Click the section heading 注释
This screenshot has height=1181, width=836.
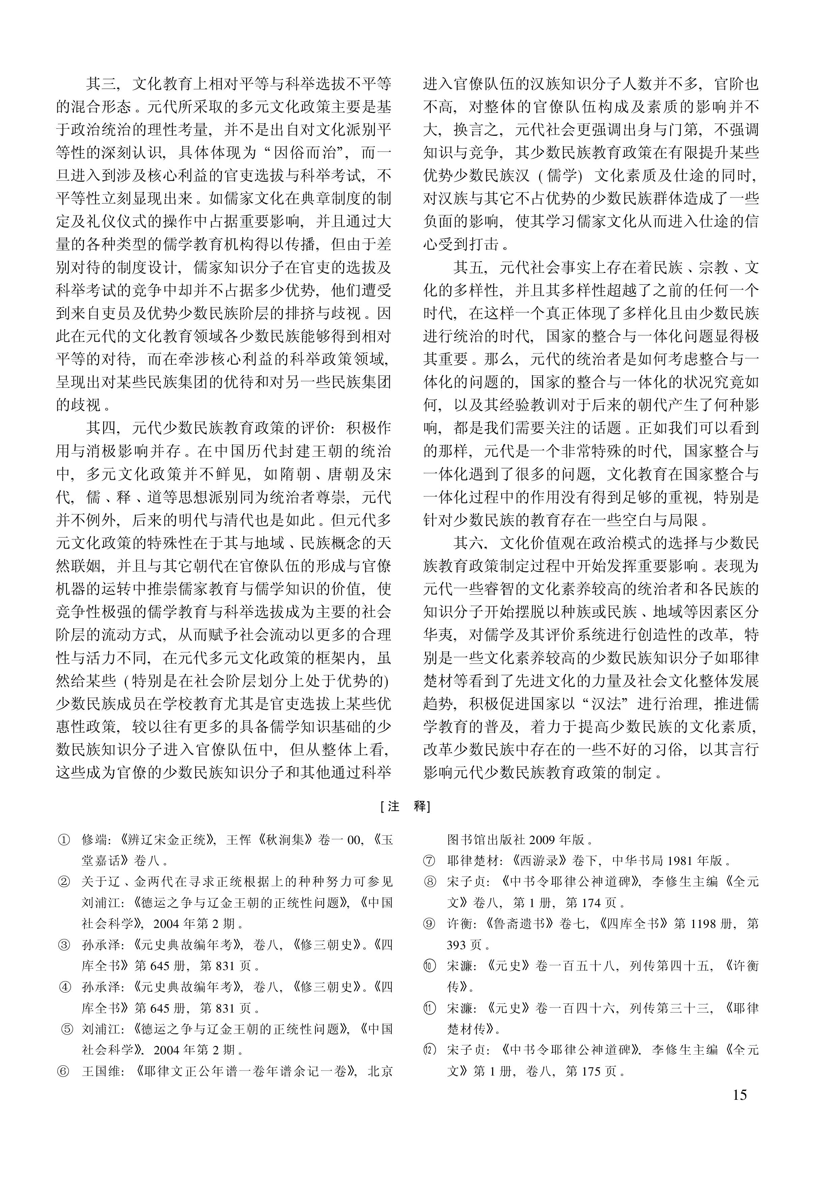(x=405, y=806)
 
